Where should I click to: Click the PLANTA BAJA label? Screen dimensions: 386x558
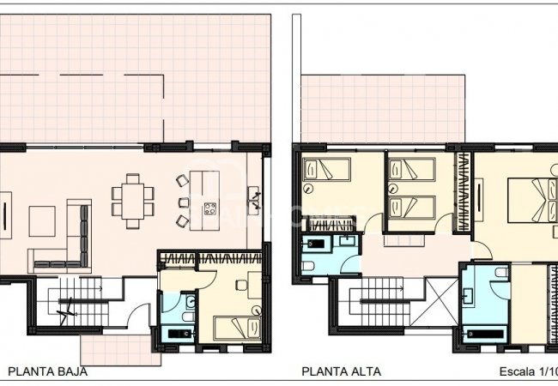pos(47,372)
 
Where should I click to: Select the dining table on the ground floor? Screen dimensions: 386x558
pos(132,201)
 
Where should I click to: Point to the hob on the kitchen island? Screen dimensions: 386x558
pos(209,208)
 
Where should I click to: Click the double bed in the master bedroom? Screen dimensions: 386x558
pos(524,200)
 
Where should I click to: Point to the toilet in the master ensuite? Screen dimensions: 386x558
pos(469,296)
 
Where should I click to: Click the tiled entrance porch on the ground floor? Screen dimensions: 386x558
pos(109,348)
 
